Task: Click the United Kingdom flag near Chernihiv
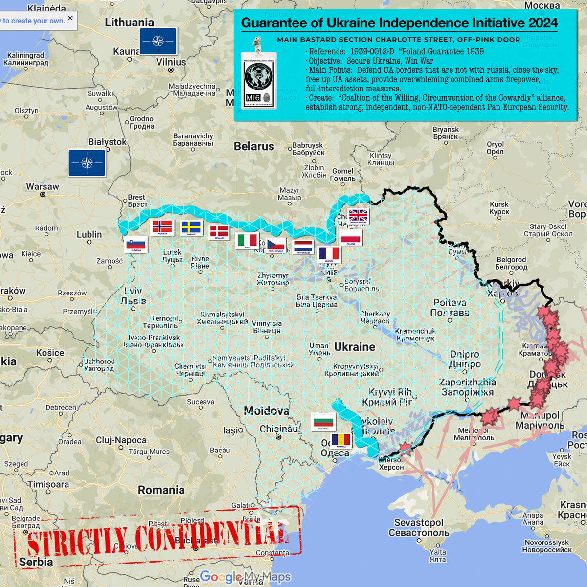tap(358, 216)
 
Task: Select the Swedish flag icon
tap(191, 228)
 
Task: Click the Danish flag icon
tap(219, 232)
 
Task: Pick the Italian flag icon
tap(247, 241)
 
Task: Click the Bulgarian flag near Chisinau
tap(323, 422)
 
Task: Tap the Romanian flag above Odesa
tap(341, 440)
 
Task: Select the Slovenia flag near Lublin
tap(136, 245)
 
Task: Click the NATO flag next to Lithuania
tap(158, 41)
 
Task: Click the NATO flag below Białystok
tap(87, 163)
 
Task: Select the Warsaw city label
tap(43, 187)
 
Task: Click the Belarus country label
tap(254, 146)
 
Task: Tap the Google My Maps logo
tap(245, 577)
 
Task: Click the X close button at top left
tap(70, 18)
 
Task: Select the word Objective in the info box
tap(325, 61)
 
